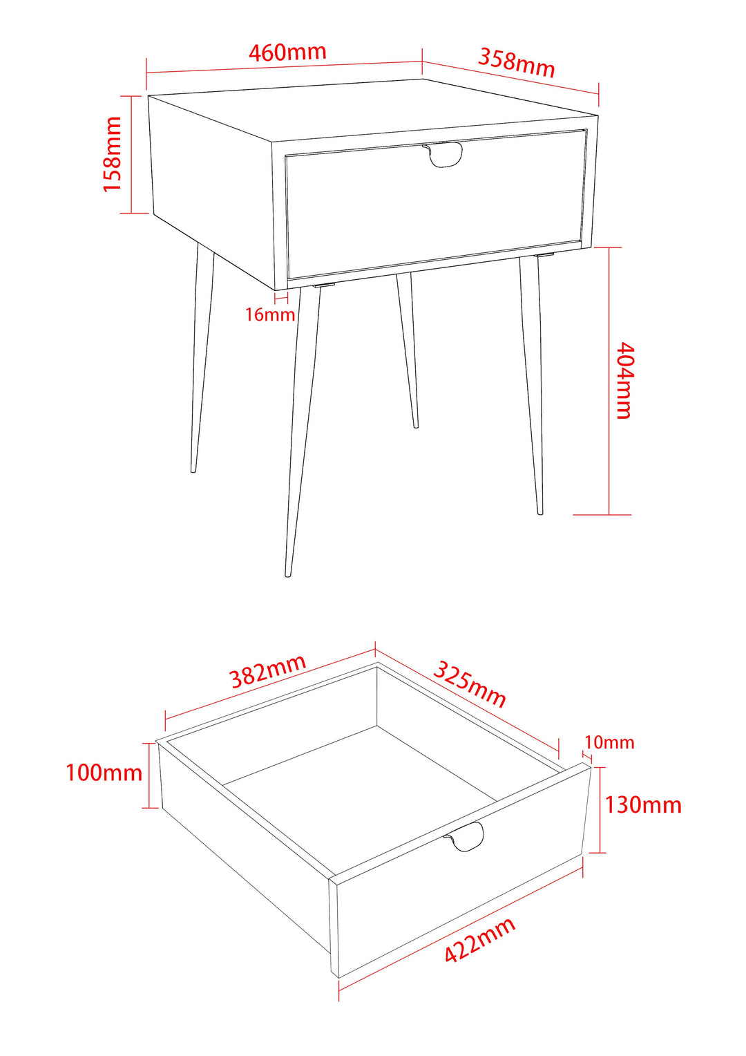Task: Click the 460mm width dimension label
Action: click(x=287, y=53)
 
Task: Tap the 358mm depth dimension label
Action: click(x=517, y=62)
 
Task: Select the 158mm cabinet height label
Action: click(x=113, y=154)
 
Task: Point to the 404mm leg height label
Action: click(x=624, y=380)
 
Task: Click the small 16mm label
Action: click(x=270, y=315)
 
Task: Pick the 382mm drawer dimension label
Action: click(x=268, y=672)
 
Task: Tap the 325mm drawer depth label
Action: click(x=470, y=683)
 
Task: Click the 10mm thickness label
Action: click(x=609, y=743)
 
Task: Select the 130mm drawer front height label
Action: click(x=643, y=805)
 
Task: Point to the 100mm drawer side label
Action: click(x=104, y=773)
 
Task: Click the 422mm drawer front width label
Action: click(x=479, y=940)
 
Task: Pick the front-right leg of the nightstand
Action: click(x=532, y=387)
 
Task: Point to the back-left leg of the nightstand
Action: click(x=202, y=359)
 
